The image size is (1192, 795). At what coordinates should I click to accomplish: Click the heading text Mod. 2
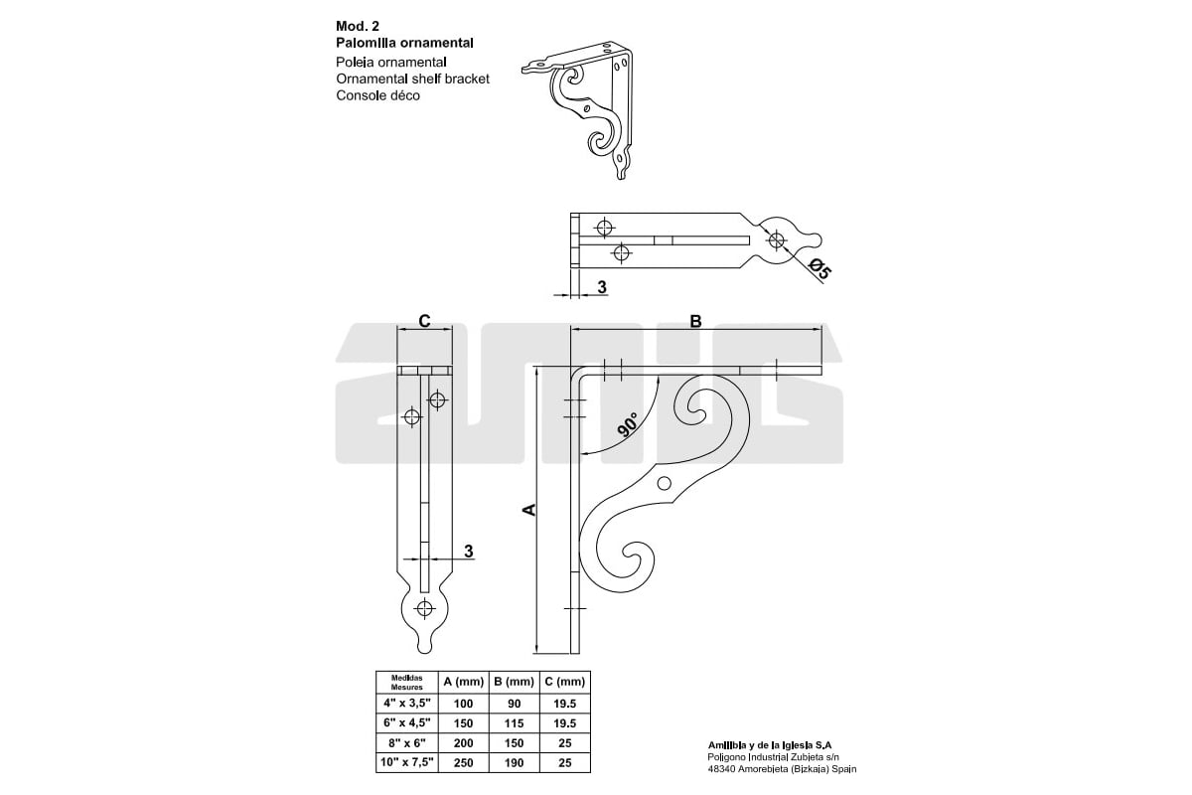point(358,27)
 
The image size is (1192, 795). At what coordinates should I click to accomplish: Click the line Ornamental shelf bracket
point(412,79)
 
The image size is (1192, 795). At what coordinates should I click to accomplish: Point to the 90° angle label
point(628,425)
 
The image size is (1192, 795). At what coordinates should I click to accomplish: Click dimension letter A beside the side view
point(529,509)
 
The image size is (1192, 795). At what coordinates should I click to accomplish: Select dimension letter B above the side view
point(695,321)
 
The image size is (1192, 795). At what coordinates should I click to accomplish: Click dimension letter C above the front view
point(424,321)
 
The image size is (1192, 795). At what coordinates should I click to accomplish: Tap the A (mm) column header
point(463,682)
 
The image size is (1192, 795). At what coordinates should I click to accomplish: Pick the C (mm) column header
point(564,682)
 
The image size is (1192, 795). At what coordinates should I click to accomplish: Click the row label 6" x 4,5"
point(407,722)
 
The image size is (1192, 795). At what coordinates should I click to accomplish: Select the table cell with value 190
point(513,762)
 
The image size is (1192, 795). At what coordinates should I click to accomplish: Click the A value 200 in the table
point(463,742)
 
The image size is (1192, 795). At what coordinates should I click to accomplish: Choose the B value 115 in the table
point(513,722)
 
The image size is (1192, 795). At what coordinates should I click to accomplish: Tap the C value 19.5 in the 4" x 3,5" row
point(564,703)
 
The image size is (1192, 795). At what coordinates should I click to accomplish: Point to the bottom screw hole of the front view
point(425,608)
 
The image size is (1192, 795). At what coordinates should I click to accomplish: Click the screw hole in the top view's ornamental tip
point(776,239)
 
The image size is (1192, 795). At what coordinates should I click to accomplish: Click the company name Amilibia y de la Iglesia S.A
point(770,744)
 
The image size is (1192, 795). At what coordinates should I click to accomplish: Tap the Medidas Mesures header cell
point(407,682)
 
